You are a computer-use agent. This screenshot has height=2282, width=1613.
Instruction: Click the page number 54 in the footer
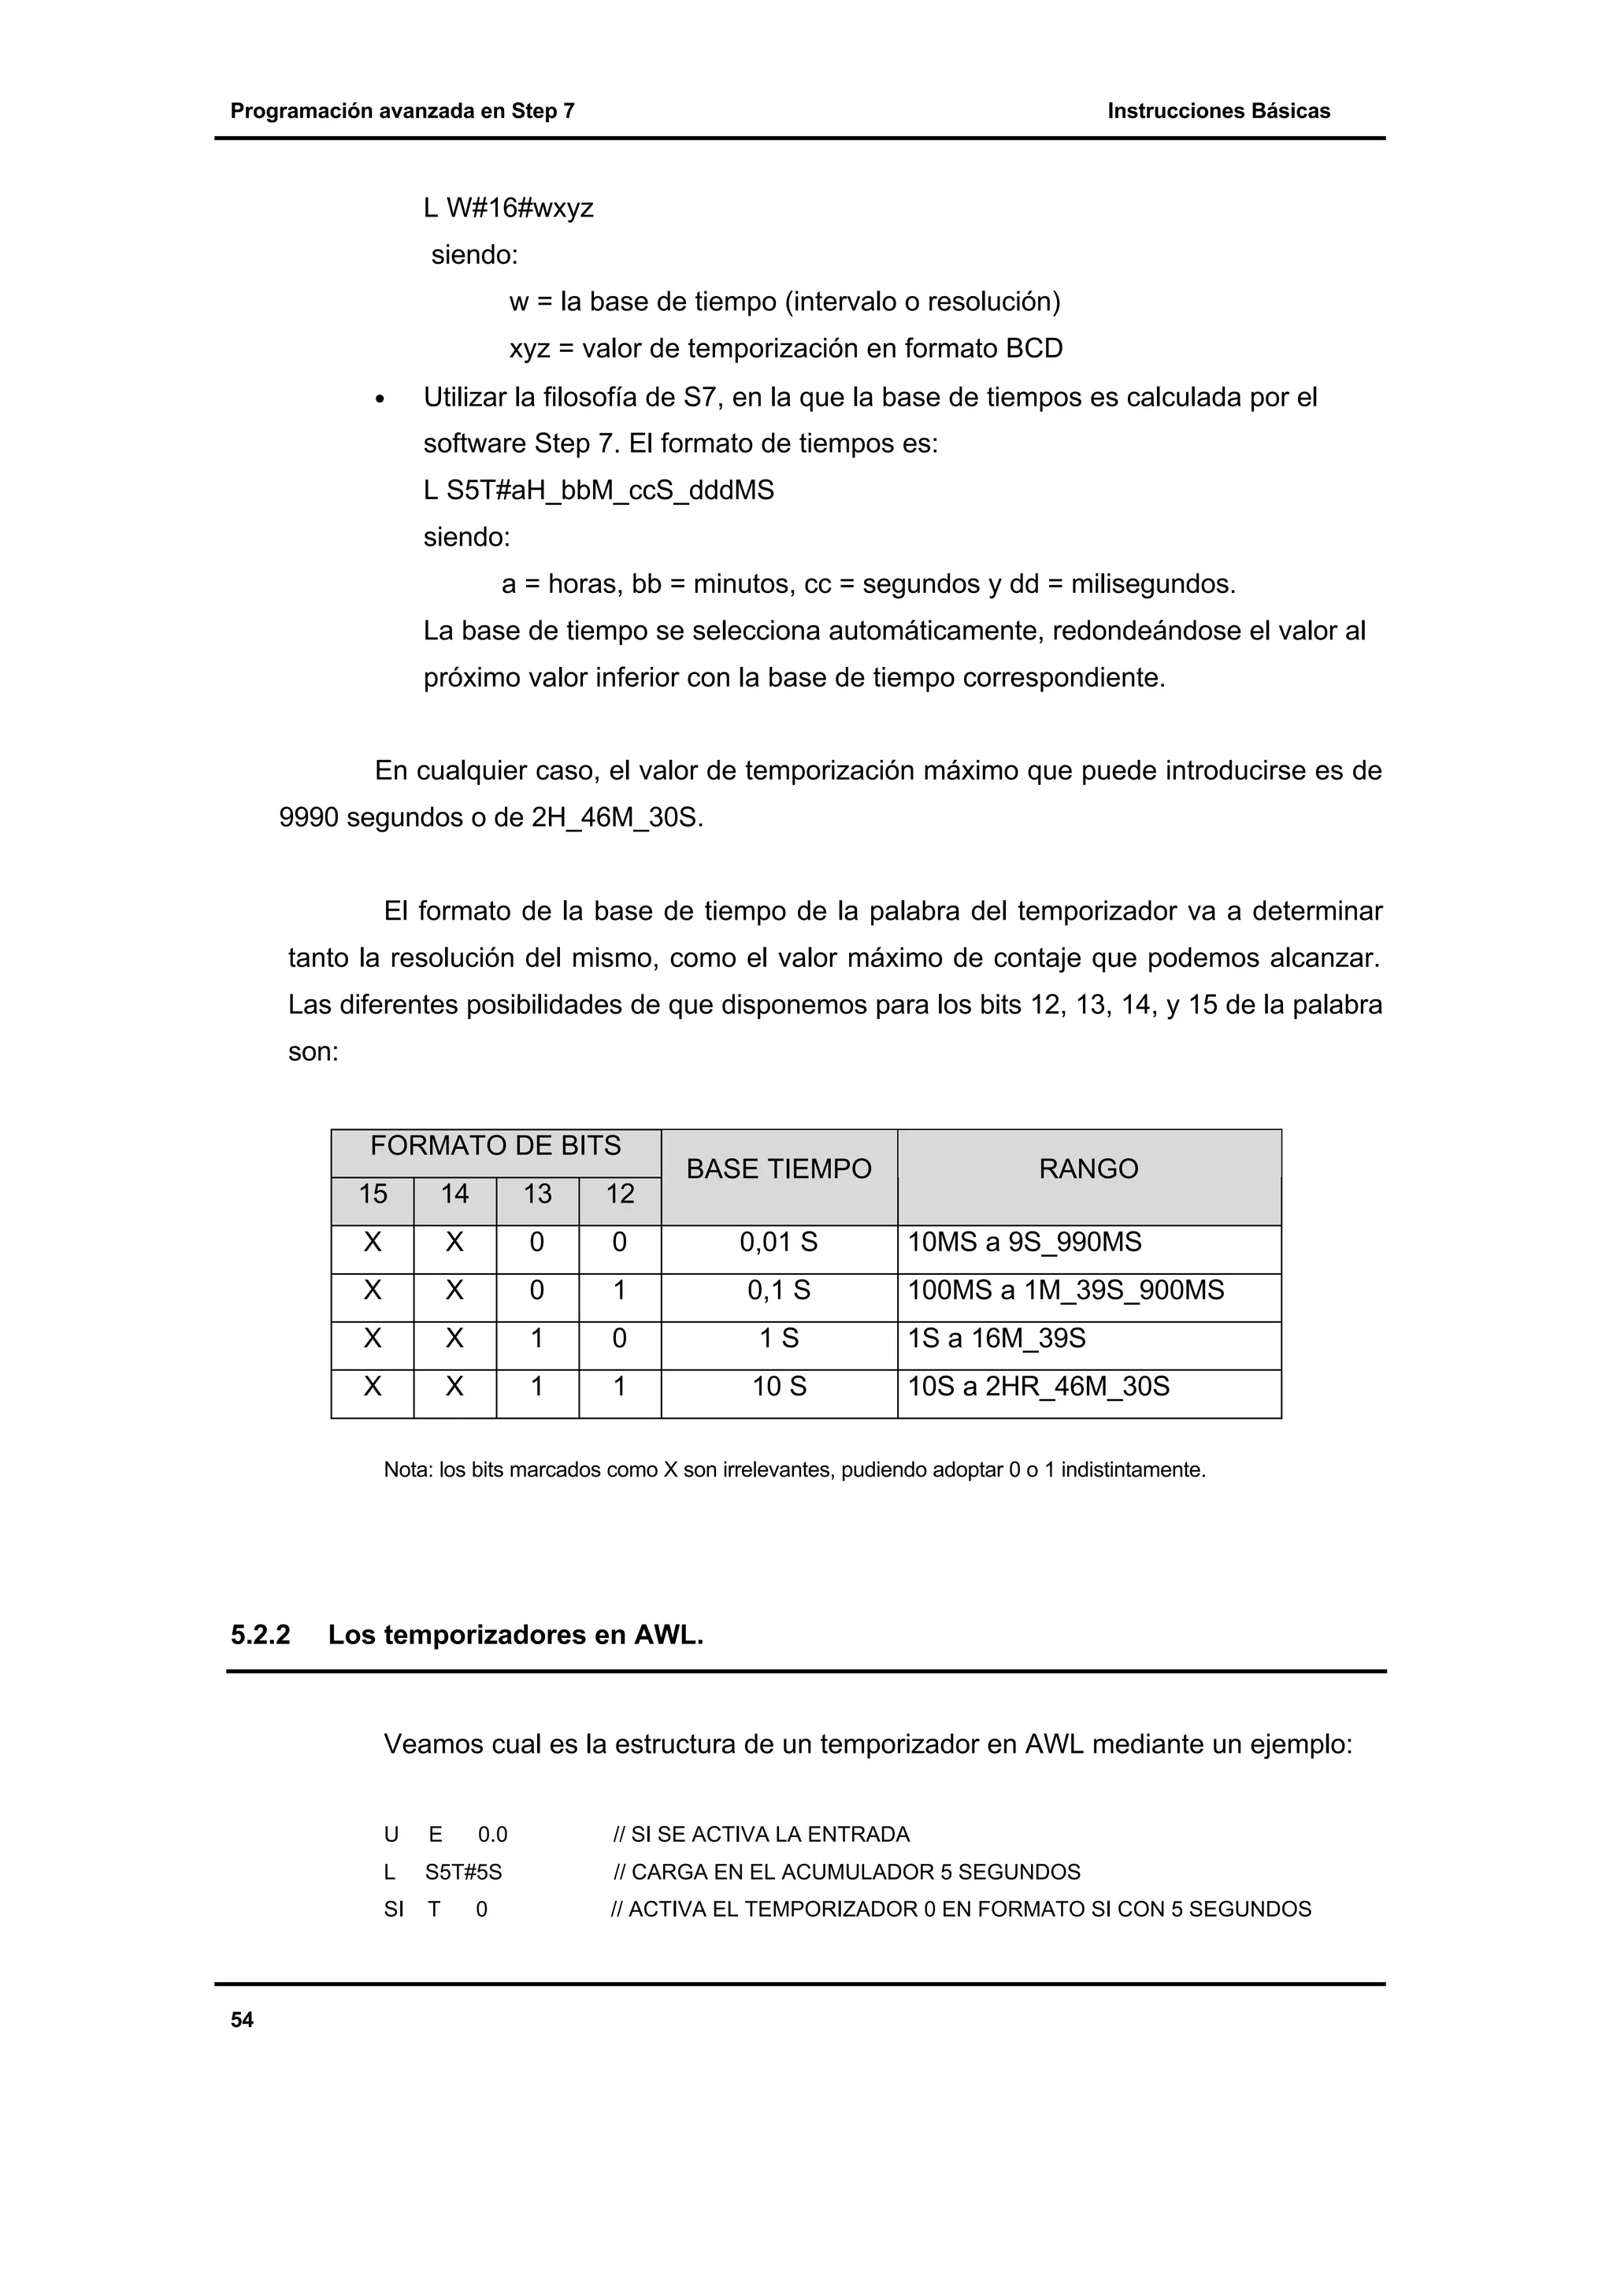click(x=242, y=2020)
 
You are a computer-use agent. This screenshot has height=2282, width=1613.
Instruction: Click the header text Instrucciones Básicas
click(x=1218, y=111)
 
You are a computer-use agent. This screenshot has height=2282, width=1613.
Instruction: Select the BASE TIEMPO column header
click(x=778, y=1169)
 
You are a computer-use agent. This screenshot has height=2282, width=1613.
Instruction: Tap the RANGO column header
click(x=1088, y=1169)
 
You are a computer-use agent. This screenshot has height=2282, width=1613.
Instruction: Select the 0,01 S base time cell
click(x=778, y=1243)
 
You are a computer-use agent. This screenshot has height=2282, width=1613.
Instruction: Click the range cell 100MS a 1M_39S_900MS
click(x=1066, y=1290)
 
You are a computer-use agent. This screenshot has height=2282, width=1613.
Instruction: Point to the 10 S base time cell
click(x=778, y=1387)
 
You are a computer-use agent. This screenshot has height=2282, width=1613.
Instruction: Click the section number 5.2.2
click(x=261, y=1635)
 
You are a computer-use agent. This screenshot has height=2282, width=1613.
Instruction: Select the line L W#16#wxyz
click(x=508, y=209)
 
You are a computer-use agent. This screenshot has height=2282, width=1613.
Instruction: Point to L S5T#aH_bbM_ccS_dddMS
click(x=599, y=491)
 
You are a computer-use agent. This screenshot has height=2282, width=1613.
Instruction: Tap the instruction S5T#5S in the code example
click(x=463, y=1873)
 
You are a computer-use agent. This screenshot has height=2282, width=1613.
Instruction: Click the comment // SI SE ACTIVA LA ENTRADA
click(x=762, y=1835)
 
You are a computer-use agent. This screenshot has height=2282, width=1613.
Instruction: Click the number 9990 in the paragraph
click(x=309, y=819)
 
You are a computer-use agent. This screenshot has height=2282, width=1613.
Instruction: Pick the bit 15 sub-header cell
click(x=372, y=1194)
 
